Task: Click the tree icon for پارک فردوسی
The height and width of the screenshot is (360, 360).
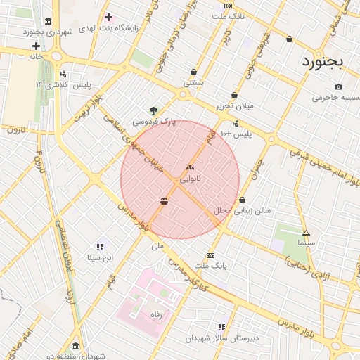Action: coord(153,110)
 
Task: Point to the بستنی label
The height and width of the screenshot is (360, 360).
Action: coord(193,82)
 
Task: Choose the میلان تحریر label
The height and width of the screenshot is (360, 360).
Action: coord(234,106)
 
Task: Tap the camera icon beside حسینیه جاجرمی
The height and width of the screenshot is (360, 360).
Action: coord(339,87)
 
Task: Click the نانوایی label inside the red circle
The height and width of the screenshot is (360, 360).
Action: coord(190,179)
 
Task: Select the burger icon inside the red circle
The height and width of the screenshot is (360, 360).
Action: coord(164,201)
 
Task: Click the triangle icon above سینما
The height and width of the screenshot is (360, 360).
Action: coord(306,233)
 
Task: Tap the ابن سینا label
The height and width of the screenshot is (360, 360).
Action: coord(99,258)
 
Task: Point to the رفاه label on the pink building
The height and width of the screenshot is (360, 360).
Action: coord(156,316)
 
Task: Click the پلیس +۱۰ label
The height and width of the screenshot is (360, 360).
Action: coord(236,133)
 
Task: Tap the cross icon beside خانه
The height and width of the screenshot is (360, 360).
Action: coord(37,46)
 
